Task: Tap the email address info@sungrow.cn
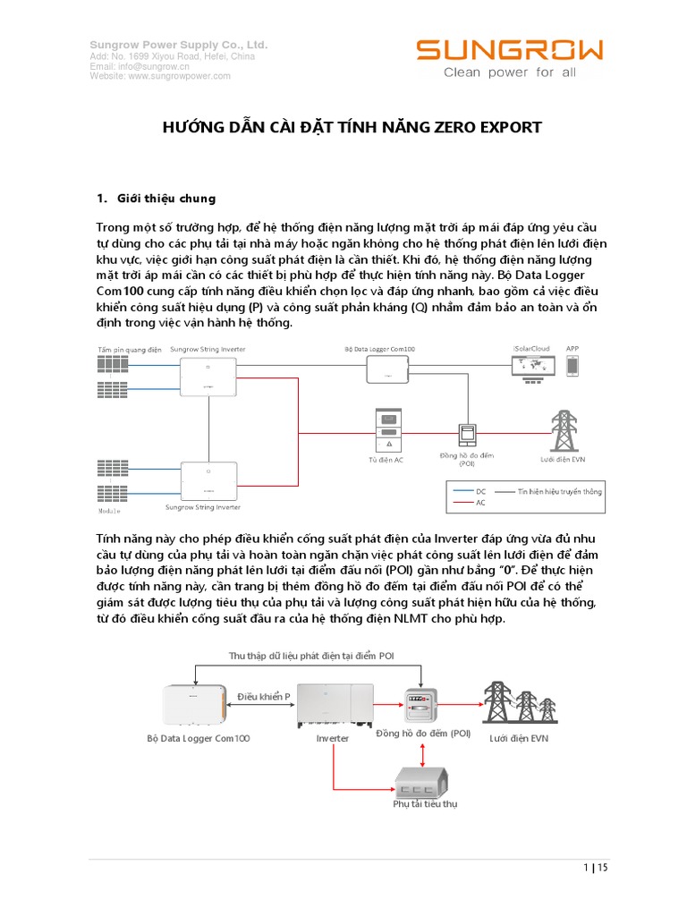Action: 140,66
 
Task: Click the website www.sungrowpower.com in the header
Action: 160,76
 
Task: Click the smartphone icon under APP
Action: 572,366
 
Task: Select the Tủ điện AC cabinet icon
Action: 390,430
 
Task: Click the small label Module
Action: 107,512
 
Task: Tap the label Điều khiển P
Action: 263,694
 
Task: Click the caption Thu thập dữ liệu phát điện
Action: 310,656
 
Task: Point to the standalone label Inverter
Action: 333,739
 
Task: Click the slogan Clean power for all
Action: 510,72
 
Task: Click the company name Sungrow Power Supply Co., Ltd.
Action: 179,45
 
